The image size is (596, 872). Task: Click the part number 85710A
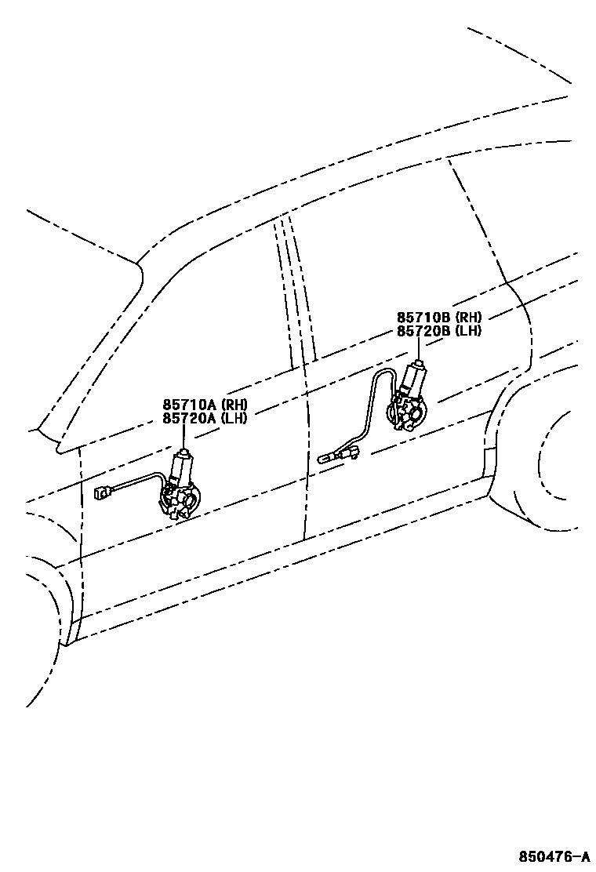tap(190, 405)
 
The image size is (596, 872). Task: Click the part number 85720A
tap(190, 418)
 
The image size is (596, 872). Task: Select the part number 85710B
tap(423, 318)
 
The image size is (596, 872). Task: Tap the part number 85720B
tap(423, 330)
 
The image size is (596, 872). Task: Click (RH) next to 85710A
tap(234, 405)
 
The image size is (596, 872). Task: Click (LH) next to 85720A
tap(234, 418)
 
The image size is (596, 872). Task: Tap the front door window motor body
tap(181, 470)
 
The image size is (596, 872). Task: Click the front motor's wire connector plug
tap(100, 493)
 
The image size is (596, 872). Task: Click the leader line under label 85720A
tap(185, 437)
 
